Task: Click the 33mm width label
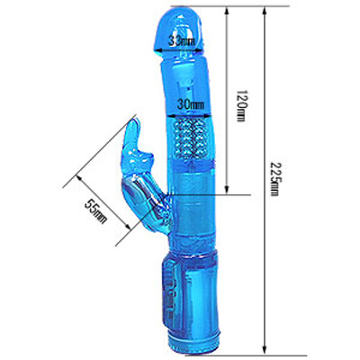181,40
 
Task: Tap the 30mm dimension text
191,104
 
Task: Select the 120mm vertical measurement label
241,106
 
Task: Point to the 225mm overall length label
274,179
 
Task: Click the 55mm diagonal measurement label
95,211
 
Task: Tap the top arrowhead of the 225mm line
265,11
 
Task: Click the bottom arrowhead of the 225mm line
265,350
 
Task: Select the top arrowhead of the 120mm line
227,11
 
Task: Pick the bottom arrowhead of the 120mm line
227,190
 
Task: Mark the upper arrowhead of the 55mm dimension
80,179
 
